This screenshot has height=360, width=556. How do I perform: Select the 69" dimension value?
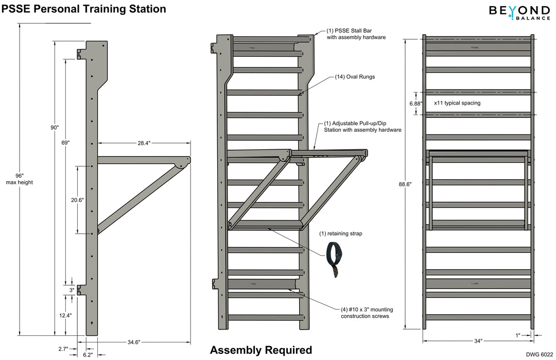point(65,142)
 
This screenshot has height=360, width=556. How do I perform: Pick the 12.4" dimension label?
point(65,315)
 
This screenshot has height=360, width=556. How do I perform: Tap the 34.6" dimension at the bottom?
point(133,341)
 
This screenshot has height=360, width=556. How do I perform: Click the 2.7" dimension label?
point(63,349)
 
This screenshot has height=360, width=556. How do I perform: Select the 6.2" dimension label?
point(89,355)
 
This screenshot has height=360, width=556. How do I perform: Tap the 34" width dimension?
point(478,341)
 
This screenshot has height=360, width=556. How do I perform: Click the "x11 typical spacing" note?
point(457,103)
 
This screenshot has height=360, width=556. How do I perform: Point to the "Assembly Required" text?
point(260,350)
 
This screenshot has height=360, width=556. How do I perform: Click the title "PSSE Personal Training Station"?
point(84,9)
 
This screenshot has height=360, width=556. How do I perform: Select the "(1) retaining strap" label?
point(341,233)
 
